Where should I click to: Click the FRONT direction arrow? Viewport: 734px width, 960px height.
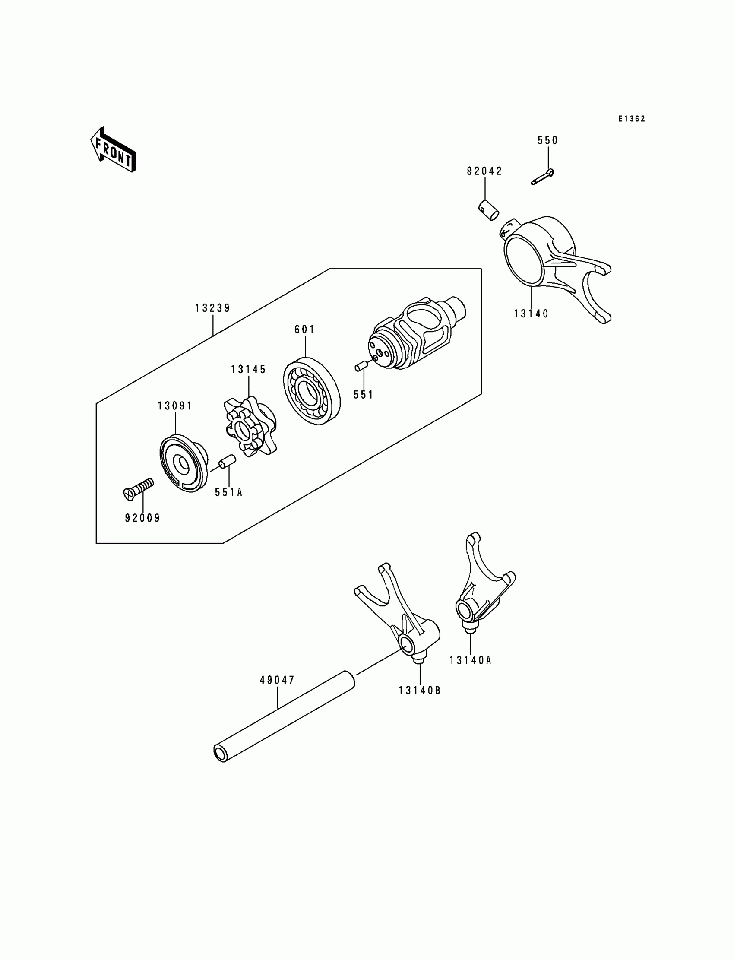[x=113, y=149]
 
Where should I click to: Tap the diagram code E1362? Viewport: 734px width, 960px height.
[x=631, y=119]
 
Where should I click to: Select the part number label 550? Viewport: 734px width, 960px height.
[x=547, y=140]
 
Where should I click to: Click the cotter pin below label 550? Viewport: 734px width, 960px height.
[x=543, y=177]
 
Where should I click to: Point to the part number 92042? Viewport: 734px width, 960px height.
[x=484, y=171]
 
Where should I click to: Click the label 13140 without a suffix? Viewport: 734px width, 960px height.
[x=531, y=313]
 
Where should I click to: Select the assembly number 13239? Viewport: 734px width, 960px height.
[x=212, y=308]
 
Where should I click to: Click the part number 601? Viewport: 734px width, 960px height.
[x=304, y=330]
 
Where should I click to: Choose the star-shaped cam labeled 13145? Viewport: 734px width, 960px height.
[x=250, y=427]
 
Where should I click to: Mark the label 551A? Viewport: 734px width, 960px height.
[x=228, y=492]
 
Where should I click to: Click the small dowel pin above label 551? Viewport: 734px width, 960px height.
[x=360, y=366]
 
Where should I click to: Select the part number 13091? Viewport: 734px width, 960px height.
[x=175, y=406]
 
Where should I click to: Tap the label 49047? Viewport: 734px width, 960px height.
[x=278, y=680]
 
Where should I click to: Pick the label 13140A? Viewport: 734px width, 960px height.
[x=471, y=660]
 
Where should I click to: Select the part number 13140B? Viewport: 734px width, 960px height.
[x=419, y=691]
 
